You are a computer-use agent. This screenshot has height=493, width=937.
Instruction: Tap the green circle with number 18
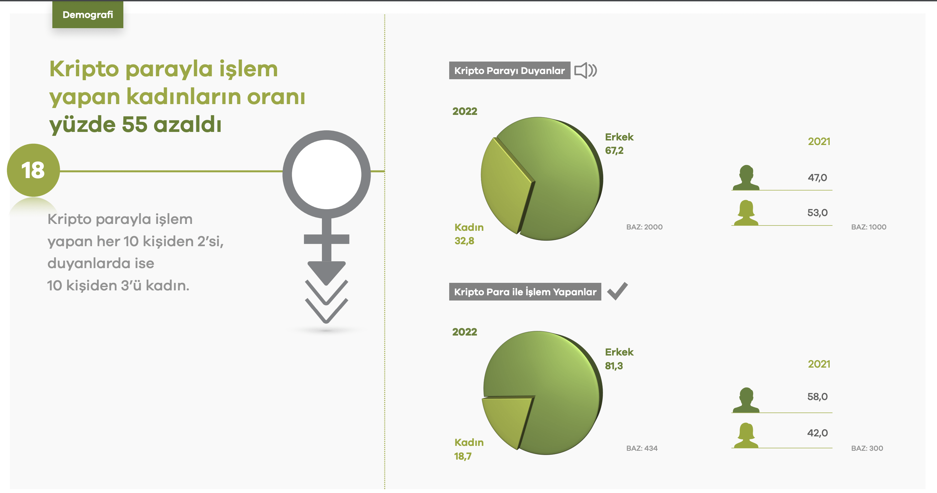click(x=33, y=170)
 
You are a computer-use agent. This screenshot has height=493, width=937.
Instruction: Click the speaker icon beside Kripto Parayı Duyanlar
click(x=585, y=70)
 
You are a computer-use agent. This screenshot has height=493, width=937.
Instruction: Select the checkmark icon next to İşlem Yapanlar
click(x=617, y=291)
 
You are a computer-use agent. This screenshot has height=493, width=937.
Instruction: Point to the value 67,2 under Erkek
click(x=614, y=150)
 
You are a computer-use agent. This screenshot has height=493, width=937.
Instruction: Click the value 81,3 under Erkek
click(x=614, y=366)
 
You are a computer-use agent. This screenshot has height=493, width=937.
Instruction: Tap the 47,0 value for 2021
click(x=817, y=177)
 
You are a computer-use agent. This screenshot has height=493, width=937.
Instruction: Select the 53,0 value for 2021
click(x=817, y=212)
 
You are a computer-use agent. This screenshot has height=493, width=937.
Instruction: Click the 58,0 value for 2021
click(x=817, y=396)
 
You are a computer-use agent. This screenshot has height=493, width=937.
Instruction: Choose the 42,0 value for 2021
click(x=817, y=433)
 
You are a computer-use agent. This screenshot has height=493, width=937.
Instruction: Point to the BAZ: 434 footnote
click(x=642, y=448)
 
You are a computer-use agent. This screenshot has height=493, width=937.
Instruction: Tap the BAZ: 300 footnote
click(x=867, y=448)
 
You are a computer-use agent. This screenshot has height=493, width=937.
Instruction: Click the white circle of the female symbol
click(x=326, y=174)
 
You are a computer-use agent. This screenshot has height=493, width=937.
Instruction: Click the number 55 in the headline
click(x=134, y=124)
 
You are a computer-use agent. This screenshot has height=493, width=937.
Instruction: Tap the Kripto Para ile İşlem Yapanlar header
click(x=525, y=291)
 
